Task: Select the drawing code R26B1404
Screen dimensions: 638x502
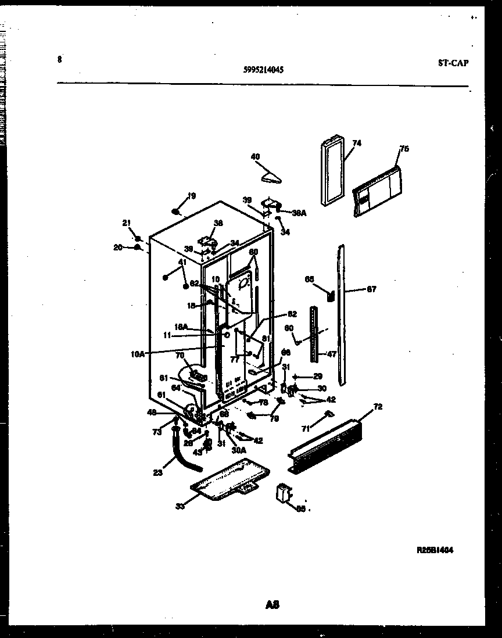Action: [x=435, y=550]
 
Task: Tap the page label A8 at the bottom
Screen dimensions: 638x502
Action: [x=272, y=605]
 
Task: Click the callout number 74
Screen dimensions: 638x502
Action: [x=356, y=143]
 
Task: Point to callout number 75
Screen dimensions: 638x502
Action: [x=404, y=149]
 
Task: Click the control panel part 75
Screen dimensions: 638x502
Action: [x=376, y=192]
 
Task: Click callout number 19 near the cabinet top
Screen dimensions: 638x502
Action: [x=192, y=196]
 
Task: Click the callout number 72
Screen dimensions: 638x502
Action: [x=378, y=407]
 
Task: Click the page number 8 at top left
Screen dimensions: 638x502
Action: [x=60, y=59]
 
